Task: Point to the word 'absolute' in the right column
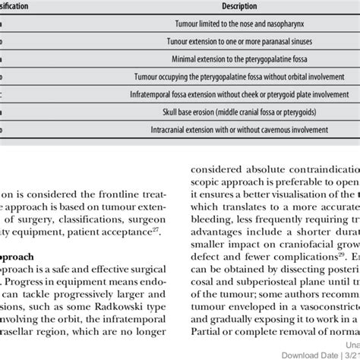click(250, 167)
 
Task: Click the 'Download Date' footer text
click(303, 354)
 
